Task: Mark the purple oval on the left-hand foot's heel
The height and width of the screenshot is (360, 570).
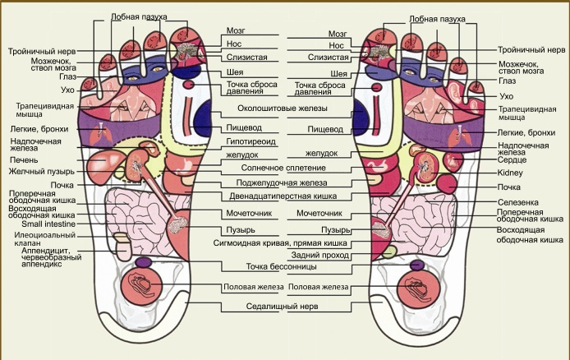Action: pos(143,262)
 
